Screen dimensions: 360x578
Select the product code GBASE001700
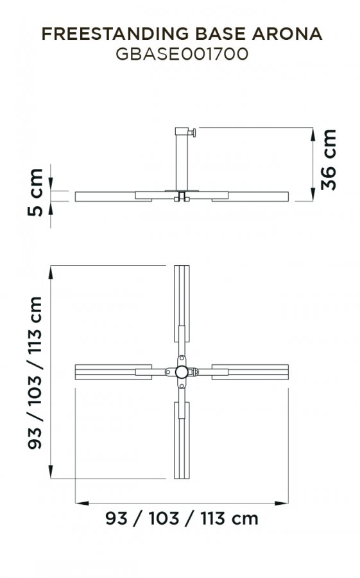(182, 54)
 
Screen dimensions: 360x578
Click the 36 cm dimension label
(329, 160)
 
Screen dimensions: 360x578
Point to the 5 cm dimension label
(35, 192)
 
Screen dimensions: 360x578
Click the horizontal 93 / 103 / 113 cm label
(182, 518)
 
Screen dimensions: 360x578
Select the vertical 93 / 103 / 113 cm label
(35, 372)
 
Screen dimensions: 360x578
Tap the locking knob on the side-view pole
(193, 132)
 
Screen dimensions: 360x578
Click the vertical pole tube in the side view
(182, 162)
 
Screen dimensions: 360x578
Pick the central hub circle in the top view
(182, 372)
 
